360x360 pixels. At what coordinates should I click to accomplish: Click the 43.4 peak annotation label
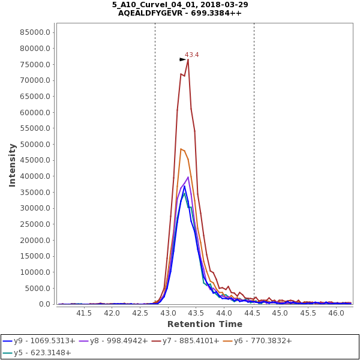pos(192,55)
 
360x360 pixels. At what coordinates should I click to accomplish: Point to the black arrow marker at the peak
pos(183,59)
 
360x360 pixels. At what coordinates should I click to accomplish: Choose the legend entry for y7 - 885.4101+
pos(189,341)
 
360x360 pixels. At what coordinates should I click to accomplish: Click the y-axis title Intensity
pos(12,164)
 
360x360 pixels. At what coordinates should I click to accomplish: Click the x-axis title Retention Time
pos(205,325)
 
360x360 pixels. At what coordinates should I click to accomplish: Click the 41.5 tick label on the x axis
pos(83,313)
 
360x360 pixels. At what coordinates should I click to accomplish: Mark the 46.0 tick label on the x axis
pos(337,313)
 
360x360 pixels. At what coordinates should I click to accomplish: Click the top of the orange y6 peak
pos(181,149)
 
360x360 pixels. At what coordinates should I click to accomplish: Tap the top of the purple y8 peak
pos(188,177)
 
